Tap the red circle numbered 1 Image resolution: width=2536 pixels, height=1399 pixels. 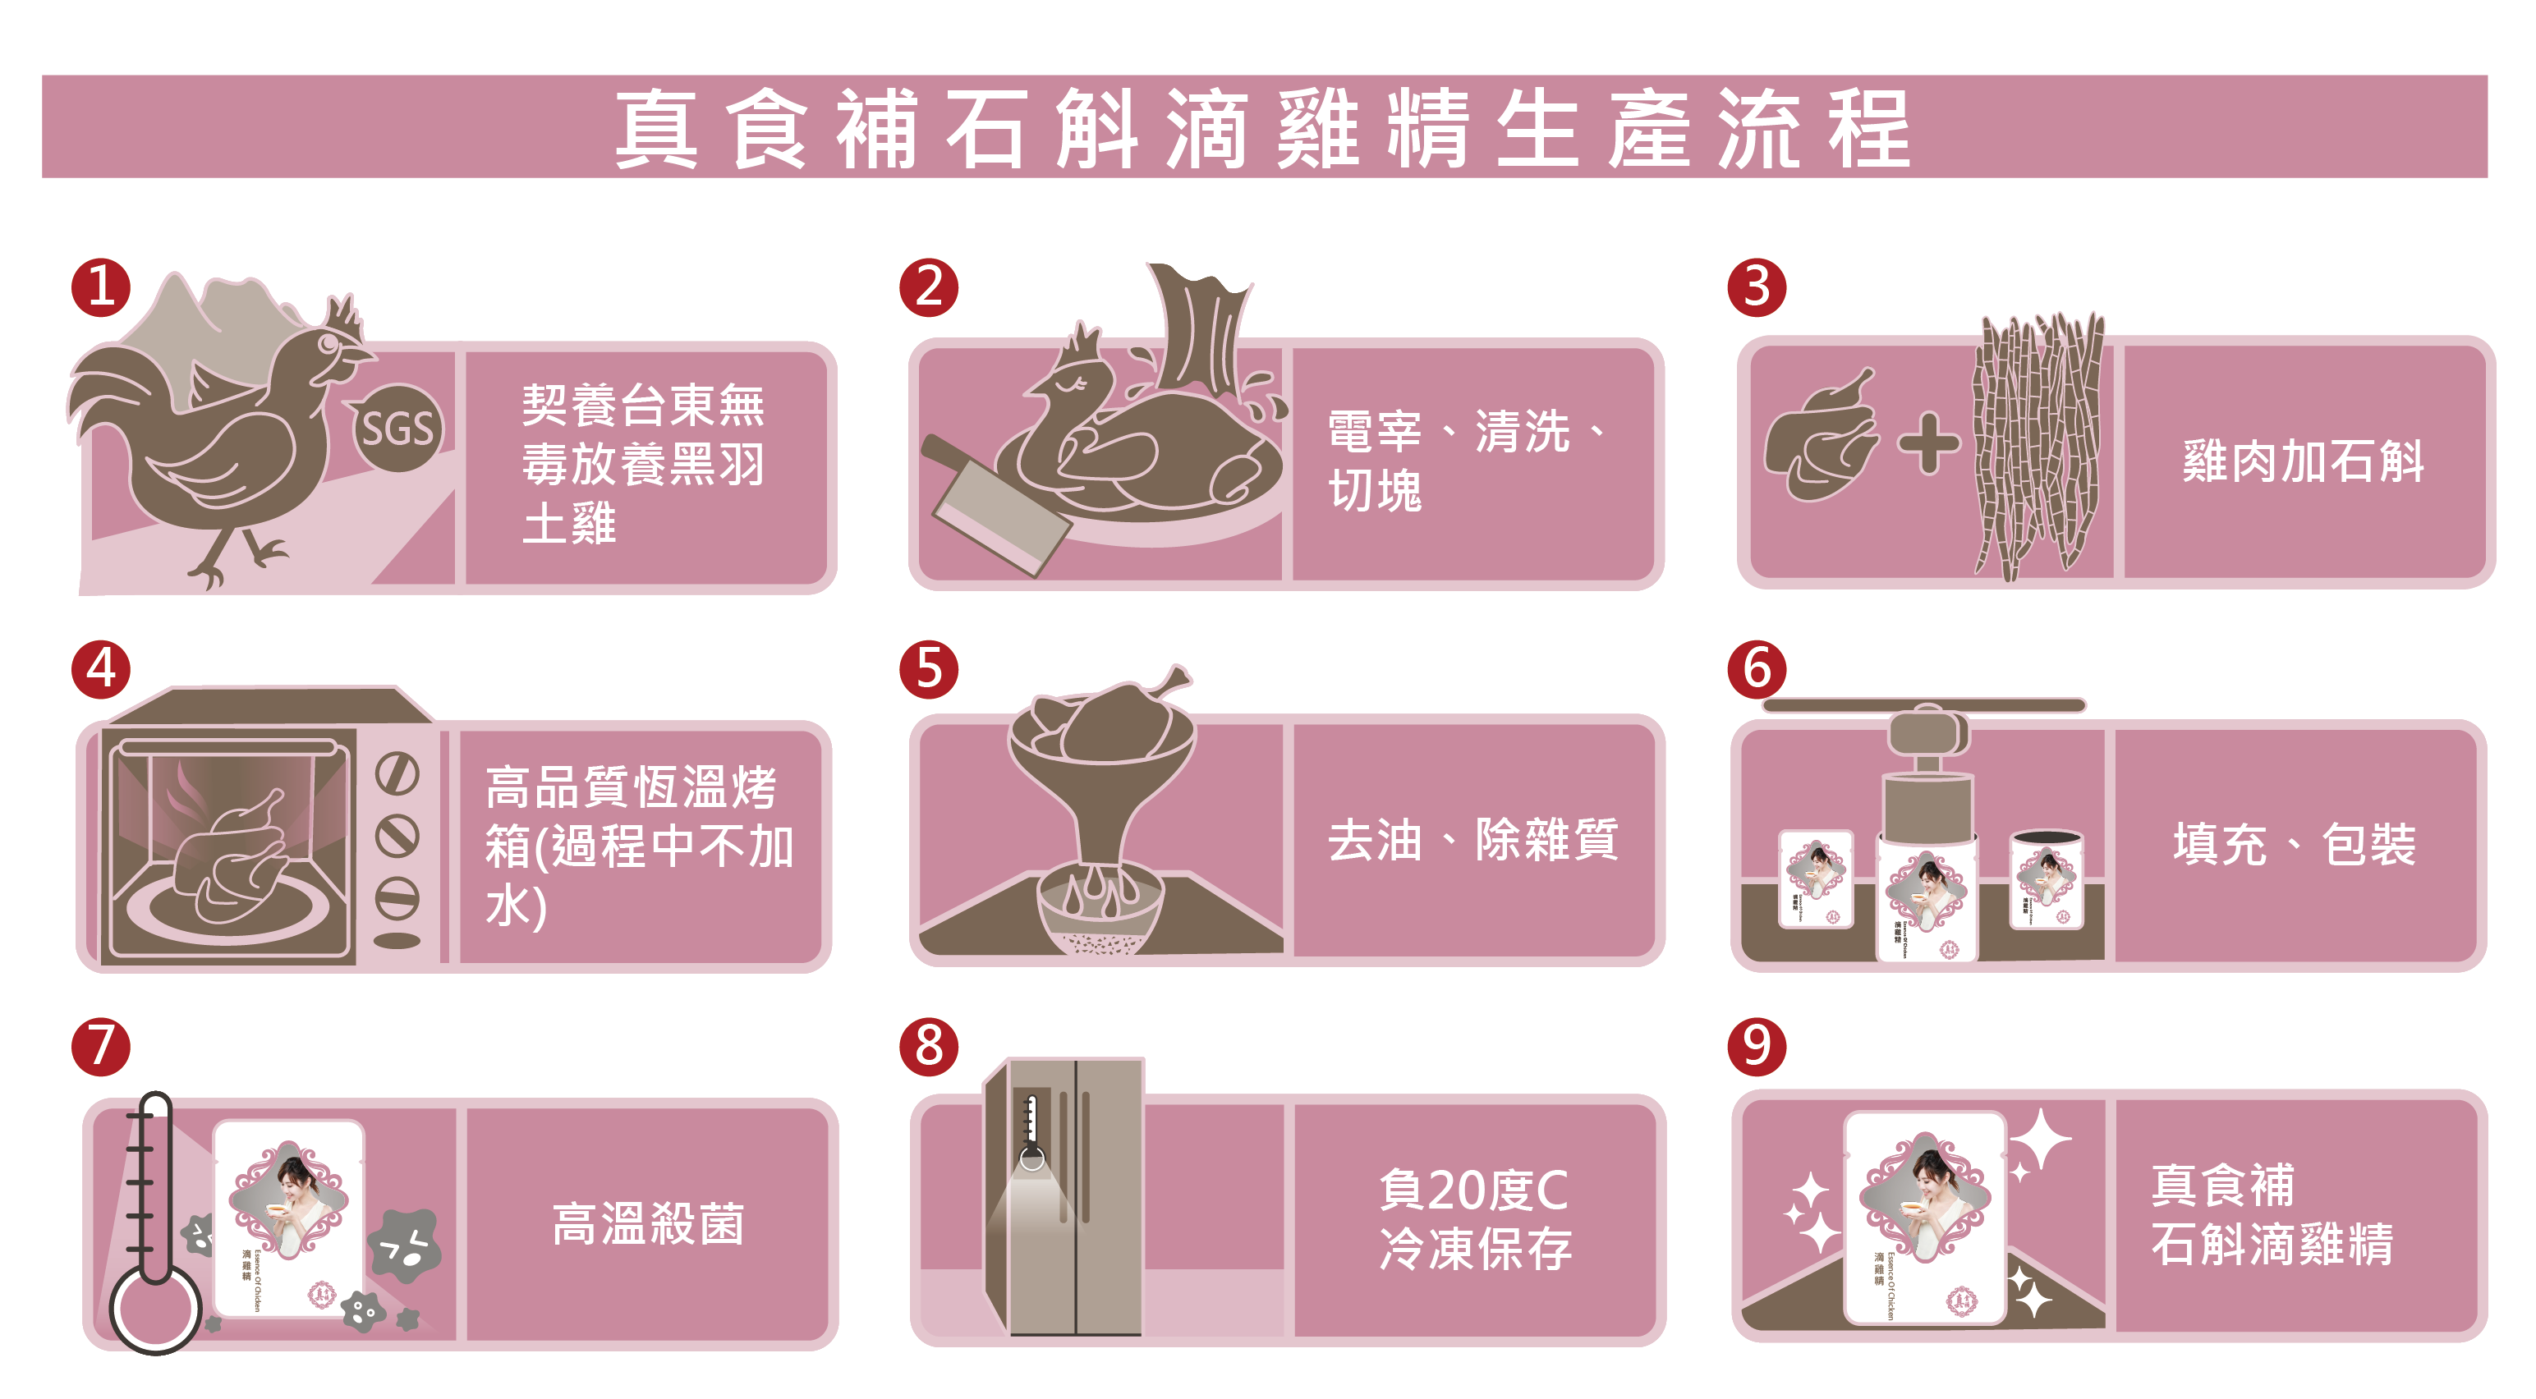coord(100,287)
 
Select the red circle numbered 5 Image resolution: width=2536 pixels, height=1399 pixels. coord(928,669)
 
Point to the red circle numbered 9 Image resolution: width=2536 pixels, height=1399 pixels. coord(1757,1046)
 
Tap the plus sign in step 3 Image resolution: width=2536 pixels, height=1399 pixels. coord(1927,443)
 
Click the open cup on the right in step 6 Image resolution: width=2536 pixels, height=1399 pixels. coord(2046,879)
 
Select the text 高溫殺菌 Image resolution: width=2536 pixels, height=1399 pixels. coord(648,1224)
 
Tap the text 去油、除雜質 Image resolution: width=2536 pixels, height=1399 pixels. coord(1472,840)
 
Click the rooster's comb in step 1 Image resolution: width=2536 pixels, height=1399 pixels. coord(343,315)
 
